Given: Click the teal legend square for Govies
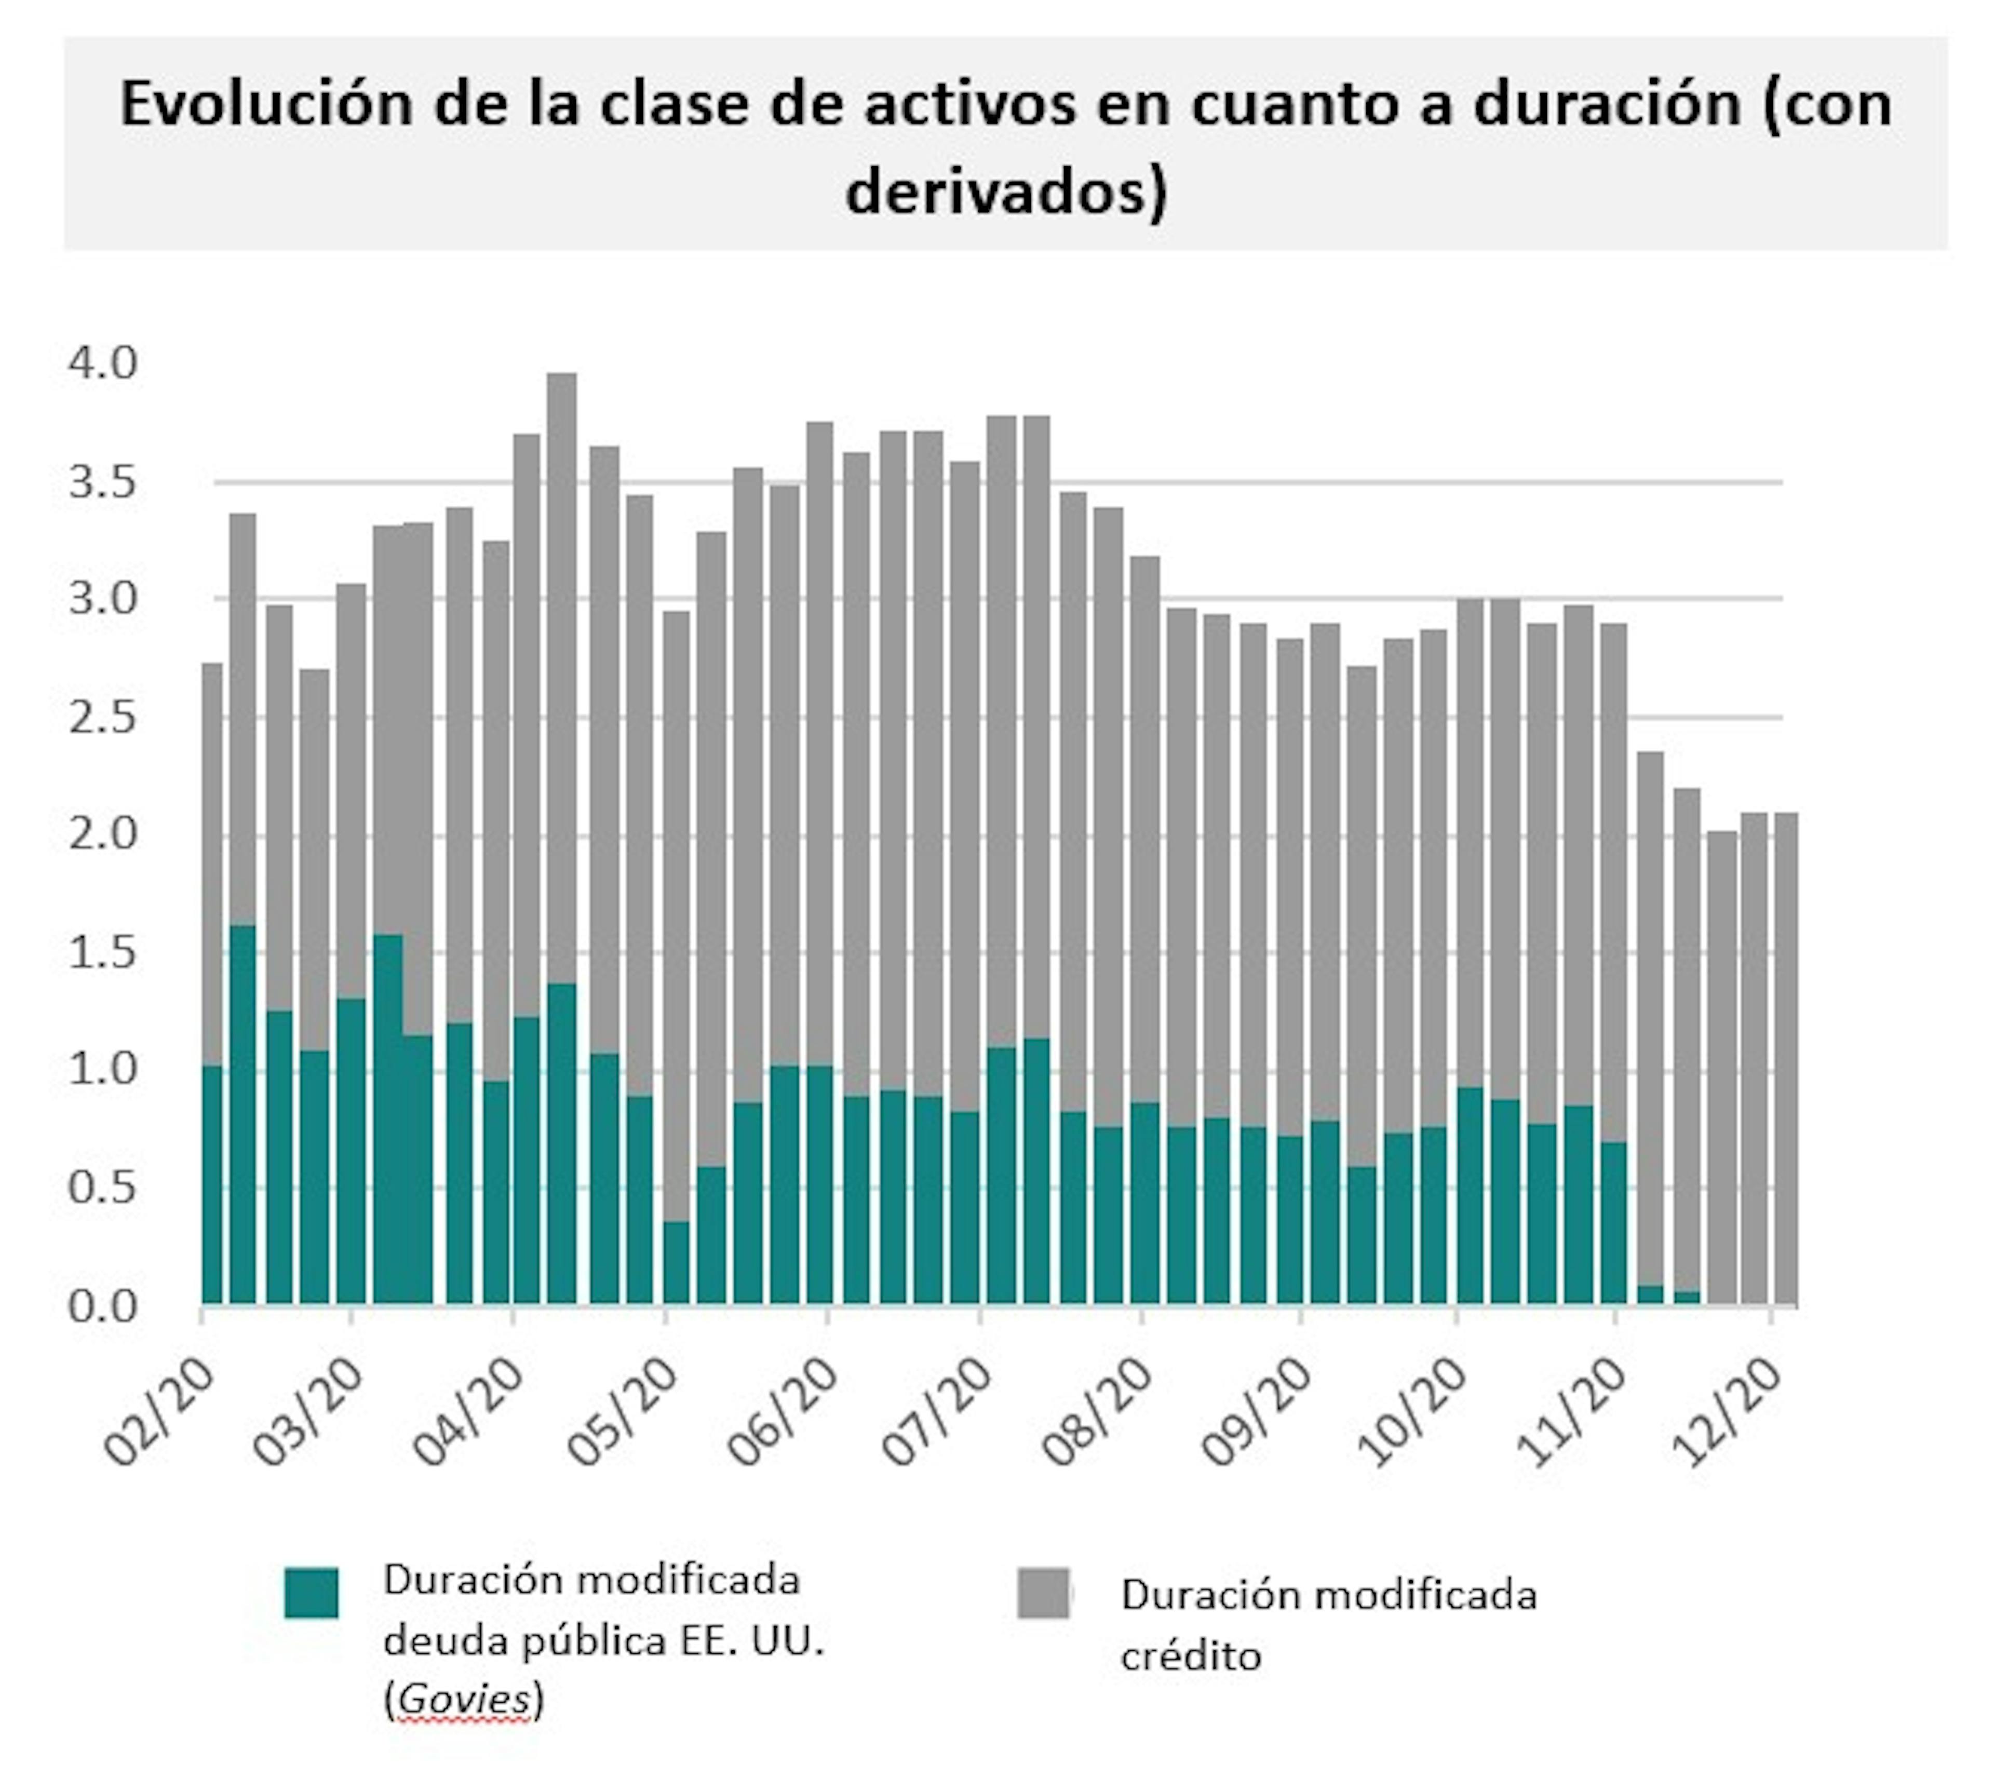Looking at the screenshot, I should [311, 1593].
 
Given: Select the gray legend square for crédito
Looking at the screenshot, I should [1043, 1593].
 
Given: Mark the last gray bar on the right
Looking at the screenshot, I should [1785, 1059].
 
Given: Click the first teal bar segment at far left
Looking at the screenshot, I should [212, 1185].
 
